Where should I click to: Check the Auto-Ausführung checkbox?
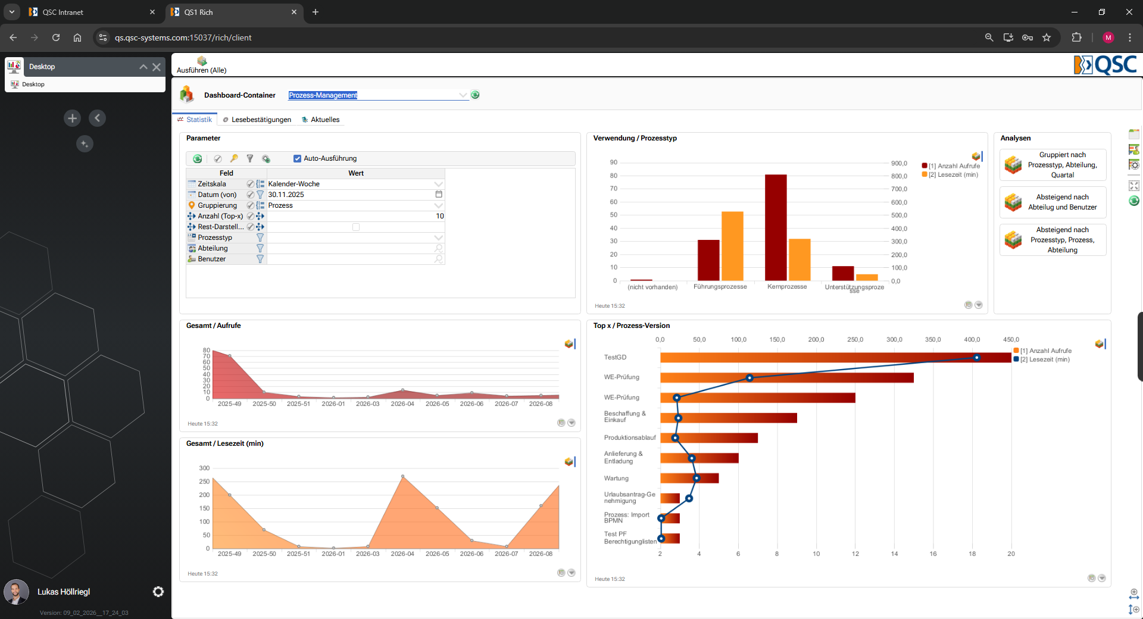tap(297, 158)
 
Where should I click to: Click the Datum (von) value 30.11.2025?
tap(286, 195)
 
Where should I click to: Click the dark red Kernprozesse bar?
tap(776, 227)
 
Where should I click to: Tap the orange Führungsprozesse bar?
tap(732, 246)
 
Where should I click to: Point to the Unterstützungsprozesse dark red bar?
tap(843, 273)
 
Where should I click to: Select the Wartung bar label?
tap(616, 479)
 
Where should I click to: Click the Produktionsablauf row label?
tap(630, 437)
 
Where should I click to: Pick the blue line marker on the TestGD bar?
tap(977, 358)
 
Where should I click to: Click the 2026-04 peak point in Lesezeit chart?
tap(403, 476)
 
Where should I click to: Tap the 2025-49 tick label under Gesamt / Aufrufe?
tap(230, 404)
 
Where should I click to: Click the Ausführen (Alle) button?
tap(202, 65)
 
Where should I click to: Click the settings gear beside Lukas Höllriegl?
tap(158, 592)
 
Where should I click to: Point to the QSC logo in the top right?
tap(1105, 65)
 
